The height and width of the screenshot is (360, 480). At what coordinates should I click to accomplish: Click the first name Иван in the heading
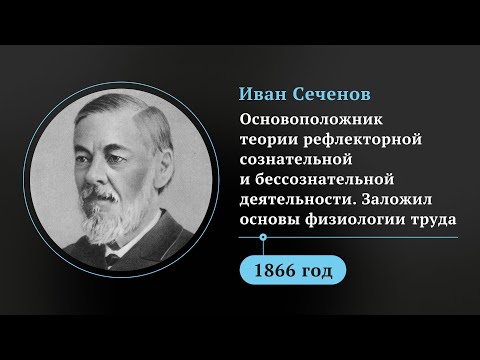click(x=263, y=93)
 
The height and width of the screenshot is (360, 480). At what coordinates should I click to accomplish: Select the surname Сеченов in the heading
click(x=329, y=93)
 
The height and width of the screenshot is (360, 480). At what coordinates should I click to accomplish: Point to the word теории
click(x=268, y=139)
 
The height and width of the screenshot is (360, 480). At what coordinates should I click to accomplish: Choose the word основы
click(x=268, y=214)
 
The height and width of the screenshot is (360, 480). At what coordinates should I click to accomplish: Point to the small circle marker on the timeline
click(x=263, y=238)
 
